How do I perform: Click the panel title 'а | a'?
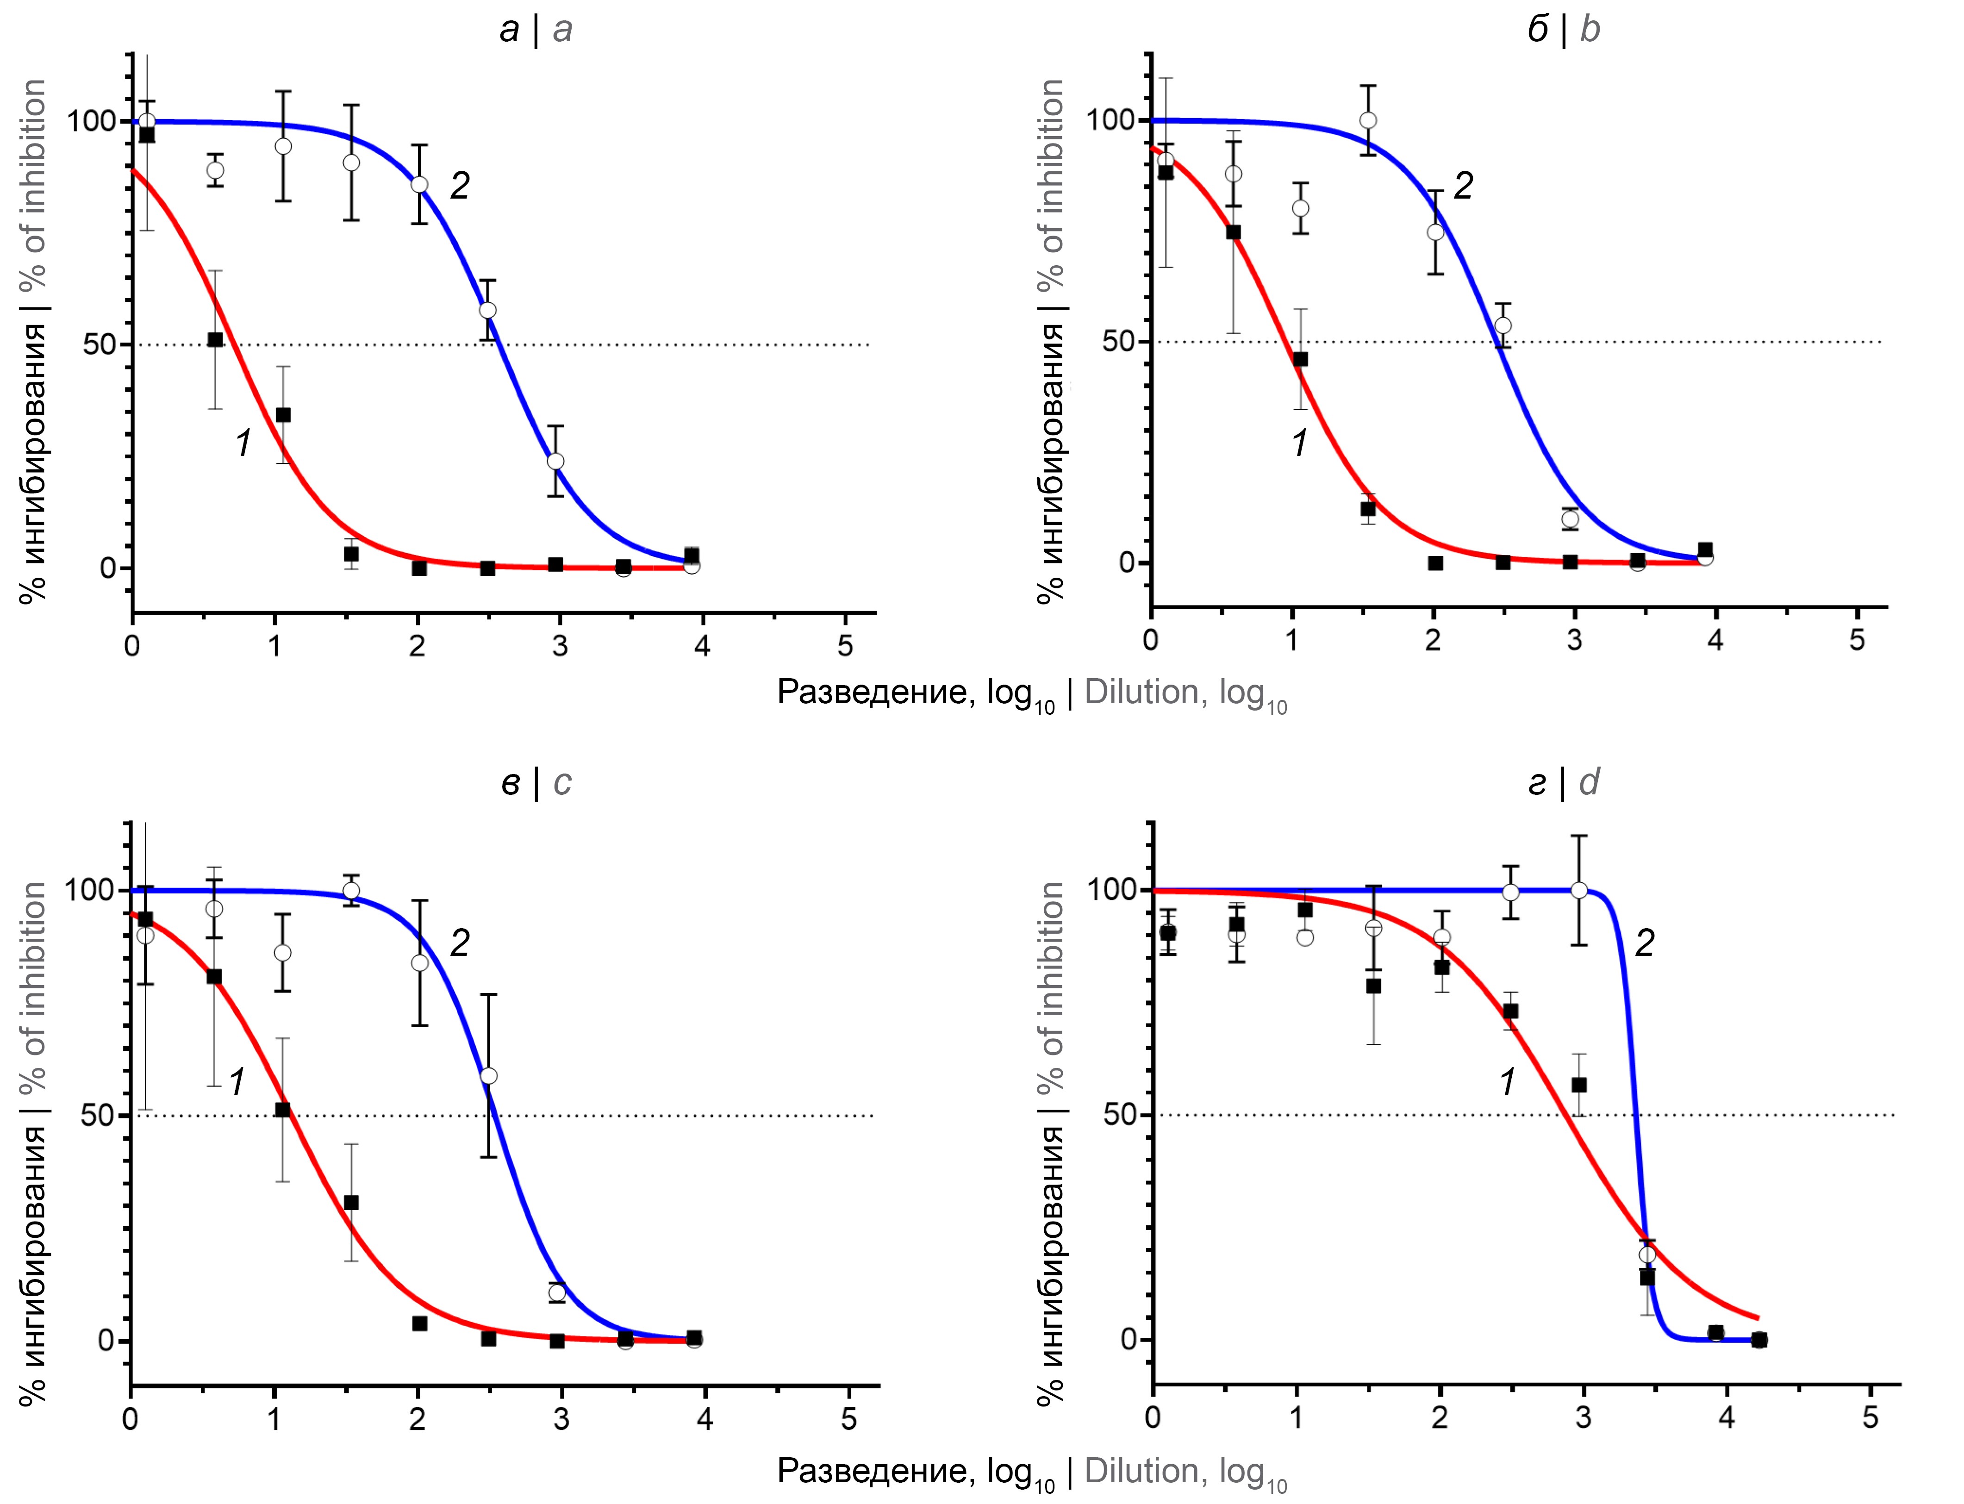tap(535, 30)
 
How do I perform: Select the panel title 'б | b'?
tap(1562, 30)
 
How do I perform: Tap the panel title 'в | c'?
tap(535, 782)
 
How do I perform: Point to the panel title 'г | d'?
tap(1562, 782)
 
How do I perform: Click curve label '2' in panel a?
tap(459, 185)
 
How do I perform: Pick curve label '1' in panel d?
tap(1508, 1081)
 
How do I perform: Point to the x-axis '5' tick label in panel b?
tap(1857, 641)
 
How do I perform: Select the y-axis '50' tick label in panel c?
tap(99, 1116)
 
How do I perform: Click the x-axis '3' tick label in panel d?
tap(1583, 1419)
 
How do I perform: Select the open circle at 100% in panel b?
tap(1368, 120)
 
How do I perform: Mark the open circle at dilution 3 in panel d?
tap(1579, 890)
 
